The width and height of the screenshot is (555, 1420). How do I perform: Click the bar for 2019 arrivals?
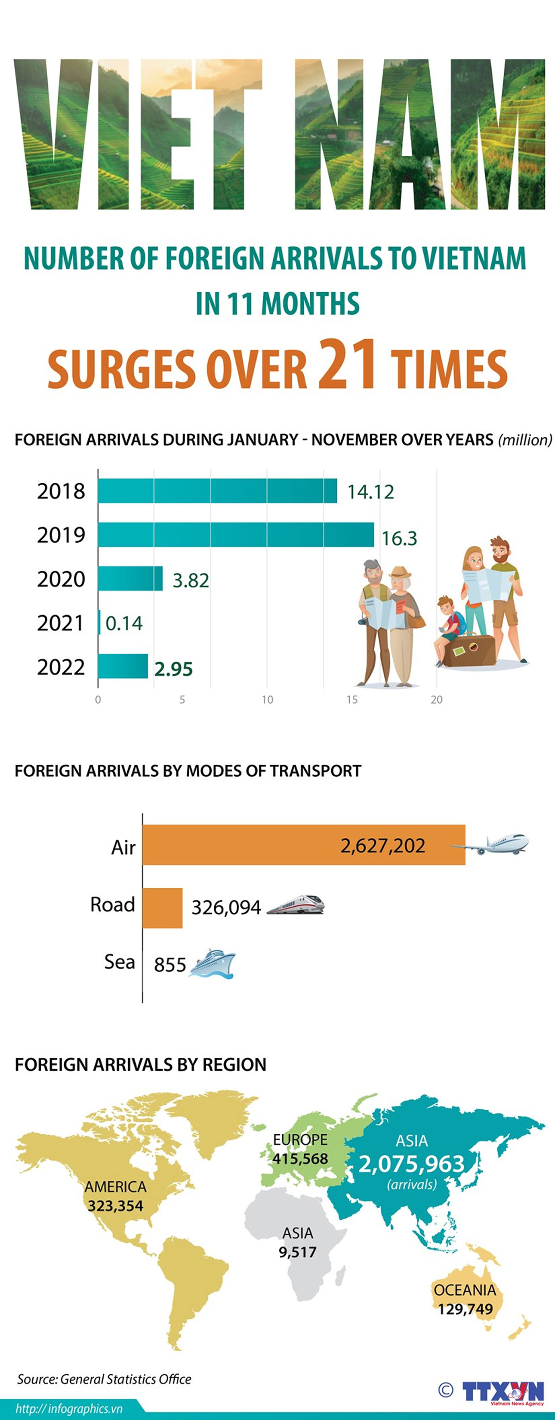(235, 535)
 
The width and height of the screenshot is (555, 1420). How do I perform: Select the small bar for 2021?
(99, 622)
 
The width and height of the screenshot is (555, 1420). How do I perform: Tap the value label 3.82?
(191, 580)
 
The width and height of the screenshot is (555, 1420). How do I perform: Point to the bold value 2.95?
(173, 669)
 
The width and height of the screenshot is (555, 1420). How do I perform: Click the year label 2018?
(61, 491)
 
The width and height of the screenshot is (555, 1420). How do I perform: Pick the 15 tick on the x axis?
(352, 700)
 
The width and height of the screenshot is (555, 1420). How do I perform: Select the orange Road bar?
(162, 908)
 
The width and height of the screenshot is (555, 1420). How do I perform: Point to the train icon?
(296, 905)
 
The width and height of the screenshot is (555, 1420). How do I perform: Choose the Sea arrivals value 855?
(170, 965)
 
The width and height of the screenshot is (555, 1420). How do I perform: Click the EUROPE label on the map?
(300, 1139)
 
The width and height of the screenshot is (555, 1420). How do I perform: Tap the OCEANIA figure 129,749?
(465, 1309)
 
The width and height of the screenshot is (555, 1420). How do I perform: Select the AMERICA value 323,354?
(115, 1205)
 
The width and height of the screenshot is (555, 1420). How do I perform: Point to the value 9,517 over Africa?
(297, 1252)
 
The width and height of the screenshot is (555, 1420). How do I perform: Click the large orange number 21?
(347, 363)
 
